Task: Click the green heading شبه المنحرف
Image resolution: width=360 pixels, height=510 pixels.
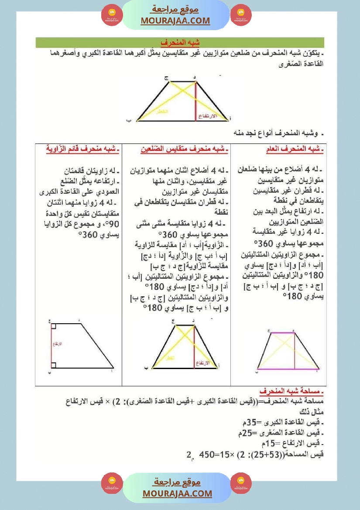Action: click(180, 43)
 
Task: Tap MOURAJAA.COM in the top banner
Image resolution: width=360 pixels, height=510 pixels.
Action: click(175, 21)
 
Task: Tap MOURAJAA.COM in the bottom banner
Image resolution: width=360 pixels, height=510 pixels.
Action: click(177, 493)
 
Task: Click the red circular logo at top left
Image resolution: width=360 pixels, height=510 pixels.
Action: click(112, 15)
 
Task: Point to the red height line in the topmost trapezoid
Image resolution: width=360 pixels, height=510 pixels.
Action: click(195, 100)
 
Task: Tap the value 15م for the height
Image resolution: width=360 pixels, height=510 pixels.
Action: click(262, 444)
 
